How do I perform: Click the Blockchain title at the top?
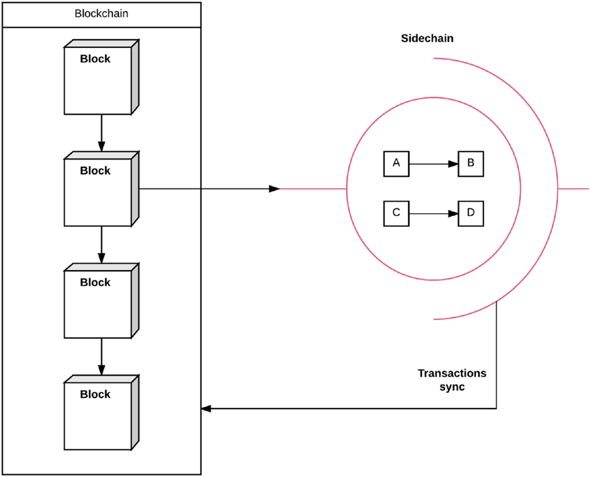(101, 14)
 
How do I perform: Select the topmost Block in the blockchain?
(99, 79)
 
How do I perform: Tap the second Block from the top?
(99, 191)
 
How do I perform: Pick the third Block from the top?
(99, 302)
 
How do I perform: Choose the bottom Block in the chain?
(99, 414)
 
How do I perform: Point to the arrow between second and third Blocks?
(101, 245)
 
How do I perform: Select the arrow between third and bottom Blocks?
(101, 356)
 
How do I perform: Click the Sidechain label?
(427, 38)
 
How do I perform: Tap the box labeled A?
(396, 164)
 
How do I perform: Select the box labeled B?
(470, 164)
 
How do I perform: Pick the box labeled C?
(396, 213)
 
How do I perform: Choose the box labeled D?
(470, 213)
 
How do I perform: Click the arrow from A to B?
(433, 164)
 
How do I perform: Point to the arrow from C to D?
(433, 214)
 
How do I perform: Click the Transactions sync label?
(451, 379)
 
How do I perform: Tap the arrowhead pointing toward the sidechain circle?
(275, 188)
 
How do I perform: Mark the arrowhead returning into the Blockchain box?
(206, 409)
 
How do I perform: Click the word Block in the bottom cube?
(95, 394)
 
